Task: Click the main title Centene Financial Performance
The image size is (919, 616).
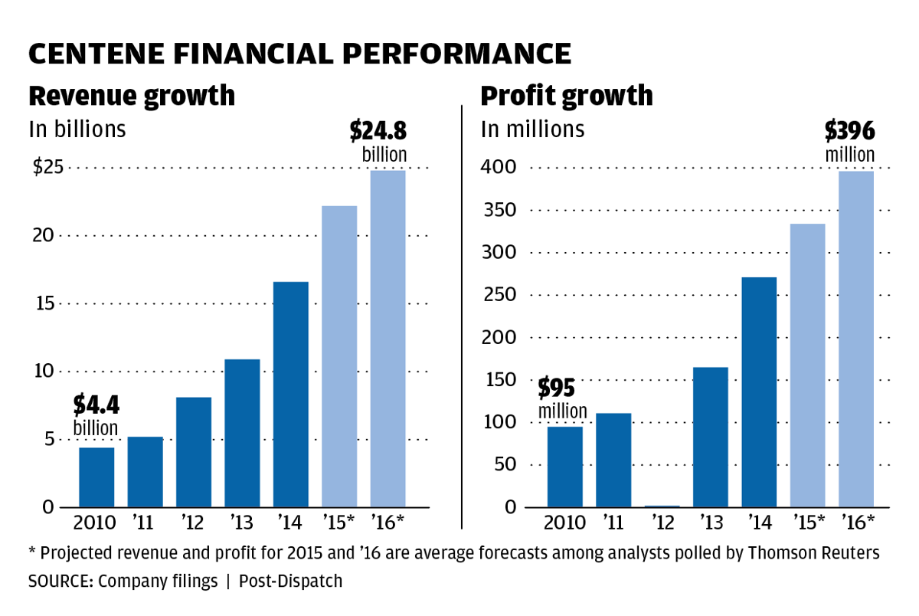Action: point(299,54)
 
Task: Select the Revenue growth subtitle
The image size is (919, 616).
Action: point(132,97)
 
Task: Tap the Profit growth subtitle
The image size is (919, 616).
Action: point(567,97)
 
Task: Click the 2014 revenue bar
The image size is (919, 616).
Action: point(290,395)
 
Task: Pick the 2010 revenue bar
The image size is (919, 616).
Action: point(96,477)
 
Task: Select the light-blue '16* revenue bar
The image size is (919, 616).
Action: point(388,339)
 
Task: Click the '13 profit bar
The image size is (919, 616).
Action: point(710,437)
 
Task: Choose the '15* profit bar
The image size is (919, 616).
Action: point(807,365)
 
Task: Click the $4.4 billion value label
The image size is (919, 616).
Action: point(96,414)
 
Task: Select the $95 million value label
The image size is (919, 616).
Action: point(562,398)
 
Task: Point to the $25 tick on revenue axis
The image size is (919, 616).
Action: point(47,168)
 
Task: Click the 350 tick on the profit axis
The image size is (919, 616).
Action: point(498,211)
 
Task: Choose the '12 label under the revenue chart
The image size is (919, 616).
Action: point(194,523)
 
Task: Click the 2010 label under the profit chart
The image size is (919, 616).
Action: point(565,523)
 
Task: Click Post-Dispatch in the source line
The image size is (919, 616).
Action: point(290,582)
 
